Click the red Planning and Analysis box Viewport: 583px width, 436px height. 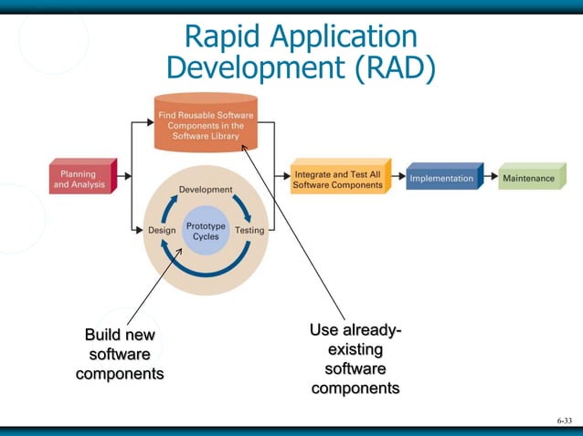point(81,179)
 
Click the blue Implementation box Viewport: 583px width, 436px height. point(442,179)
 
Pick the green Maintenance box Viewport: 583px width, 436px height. point(528,179)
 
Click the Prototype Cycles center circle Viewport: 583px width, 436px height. point(206,231)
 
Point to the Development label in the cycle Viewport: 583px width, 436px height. point(205,190)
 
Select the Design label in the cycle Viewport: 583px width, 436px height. point(162,231)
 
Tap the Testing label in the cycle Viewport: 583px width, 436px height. point(249,231)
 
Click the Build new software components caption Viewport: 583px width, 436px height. point(120,355)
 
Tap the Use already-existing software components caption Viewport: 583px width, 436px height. point(355,359)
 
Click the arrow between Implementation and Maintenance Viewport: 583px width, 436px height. point(491,179)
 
